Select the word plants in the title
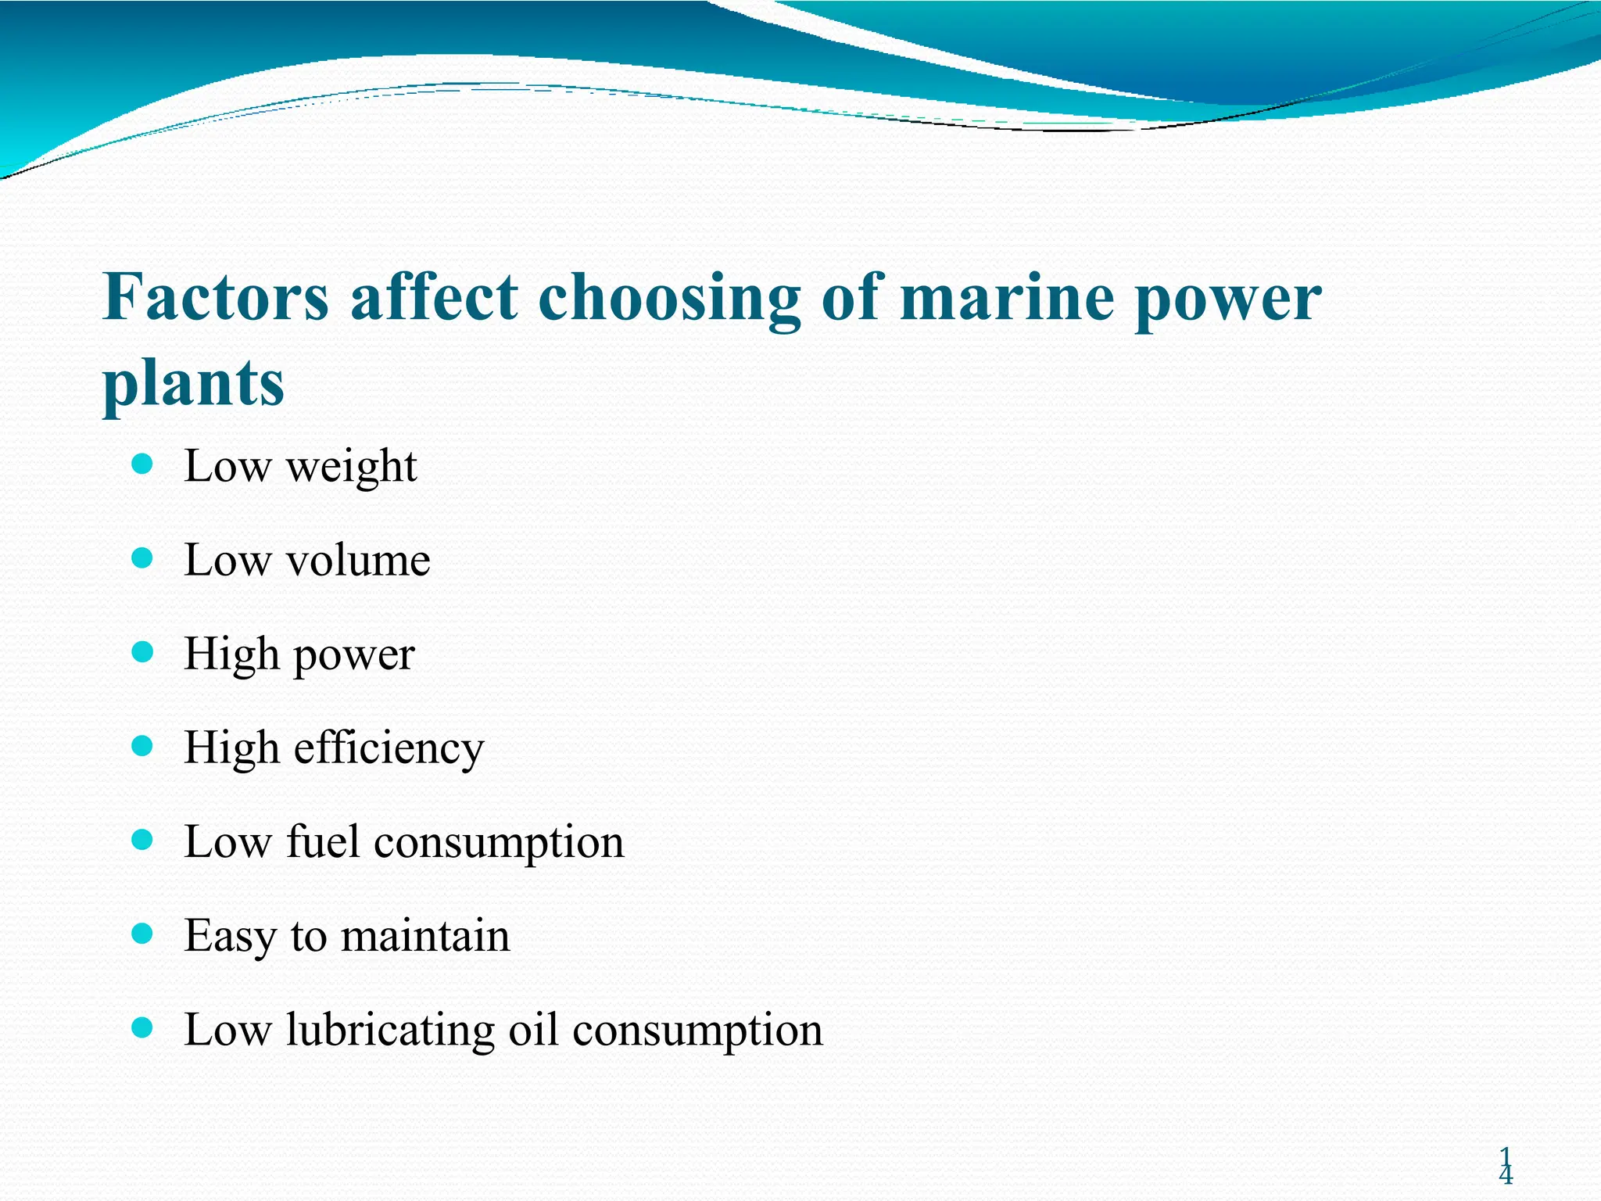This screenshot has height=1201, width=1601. [x=193, y=383]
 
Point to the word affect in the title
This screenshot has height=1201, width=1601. [x=434, y=298]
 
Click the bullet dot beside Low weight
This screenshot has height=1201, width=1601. [x=142, y=465]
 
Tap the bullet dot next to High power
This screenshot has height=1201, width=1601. [x=142, y=653]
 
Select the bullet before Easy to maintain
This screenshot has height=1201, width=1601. [x=142, y=934]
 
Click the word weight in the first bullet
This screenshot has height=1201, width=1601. [x=352, y=468]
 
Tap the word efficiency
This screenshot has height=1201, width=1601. [x=389, y=748]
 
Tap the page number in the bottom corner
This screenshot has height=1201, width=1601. [x=1506, y=1166]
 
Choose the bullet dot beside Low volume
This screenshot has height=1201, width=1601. [x=142, y=558]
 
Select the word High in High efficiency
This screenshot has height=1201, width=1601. [x=231, y=747]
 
